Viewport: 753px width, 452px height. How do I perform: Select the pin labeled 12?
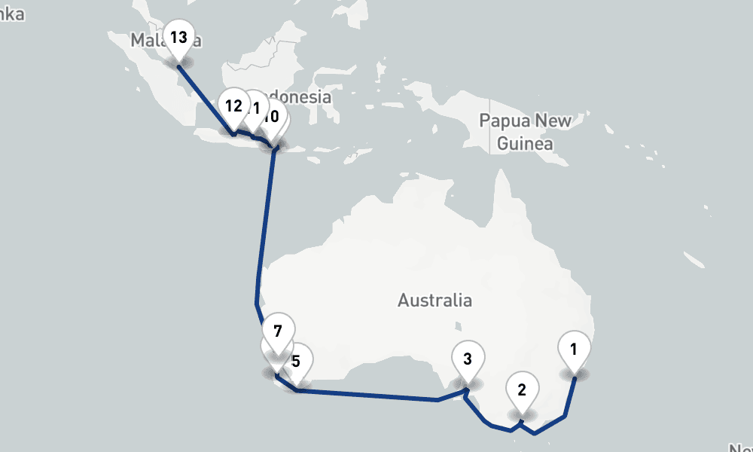click(233, 107)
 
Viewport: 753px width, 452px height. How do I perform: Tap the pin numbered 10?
click(273, 118)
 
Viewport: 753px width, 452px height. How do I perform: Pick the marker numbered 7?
click(278, 332)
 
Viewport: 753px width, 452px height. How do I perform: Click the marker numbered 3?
click(468, 360)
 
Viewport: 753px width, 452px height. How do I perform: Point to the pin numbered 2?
click(520, 390)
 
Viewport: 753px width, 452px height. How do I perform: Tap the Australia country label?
click(435, 301)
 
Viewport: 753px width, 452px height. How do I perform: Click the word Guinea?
click(526, 143)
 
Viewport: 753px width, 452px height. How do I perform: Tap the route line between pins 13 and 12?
click(205, 98)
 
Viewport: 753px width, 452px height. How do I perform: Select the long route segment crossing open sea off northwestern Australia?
click(264, 226)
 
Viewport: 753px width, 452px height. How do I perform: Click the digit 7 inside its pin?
click(278, 331)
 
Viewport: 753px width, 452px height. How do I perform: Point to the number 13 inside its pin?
click(178, 37)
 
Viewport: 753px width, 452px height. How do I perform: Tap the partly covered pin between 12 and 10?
click(254, 109)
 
